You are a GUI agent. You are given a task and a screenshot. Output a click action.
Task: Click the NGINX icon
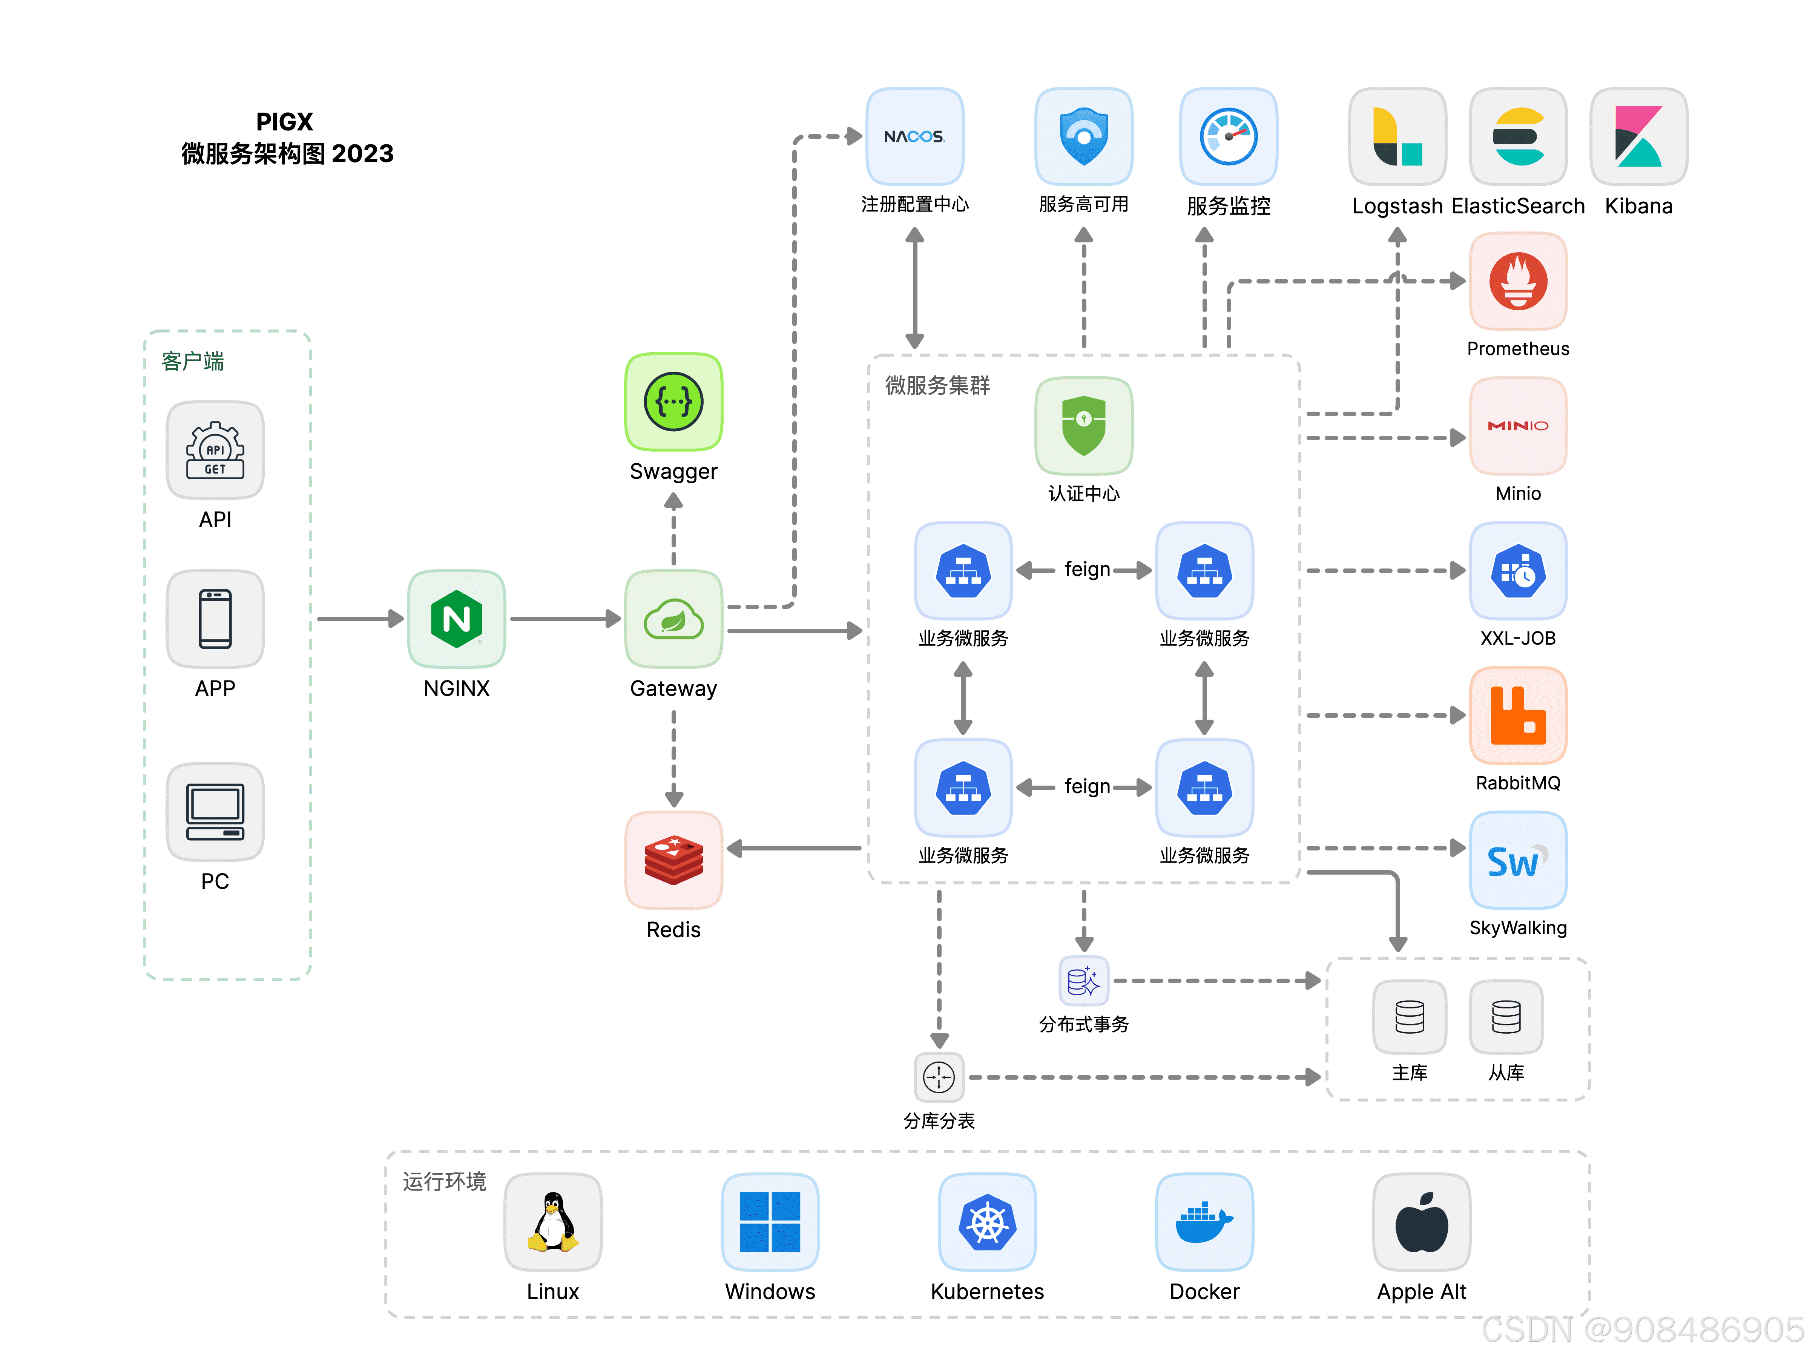[x=457, y=619]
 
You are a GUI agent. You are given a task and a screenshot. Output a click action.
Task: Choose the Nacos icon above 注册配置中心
[x=915, y=136]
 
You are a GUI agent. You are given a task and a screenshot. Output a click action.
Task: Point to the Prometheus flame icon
[x=1518, y=281]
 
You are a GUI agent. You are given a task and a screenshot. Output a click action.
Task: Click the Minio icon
[x=1518, y=426]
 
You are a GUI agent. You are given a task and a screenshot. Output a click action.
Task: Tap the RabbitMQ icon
[x=1518, y=716]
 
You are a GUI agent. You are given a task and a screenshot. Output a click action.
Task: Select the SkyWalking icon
[x=1518, y=860]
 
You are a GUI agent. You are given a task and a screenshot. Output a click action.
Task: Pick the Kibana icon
[x=1639, y=136]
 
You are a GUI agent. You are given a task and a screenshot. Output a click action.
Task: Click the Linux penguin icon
[x=553, y=1222]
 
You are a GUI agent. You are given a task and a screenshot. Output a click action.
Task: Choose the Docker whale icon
[x=1204, y=1222]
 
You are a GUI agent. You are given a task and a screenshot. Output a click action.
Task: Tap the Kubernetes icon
[x=988, y=1222]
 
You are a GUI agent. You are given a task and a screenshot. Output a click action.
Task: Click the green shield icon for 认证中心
[x=1084, y=426]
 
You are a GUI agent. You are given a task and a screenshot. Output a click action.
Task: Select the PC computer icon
[x=215, y=812]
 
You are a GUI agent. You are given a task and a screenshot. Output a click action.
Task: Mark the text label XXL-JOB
[x=1518, y=638]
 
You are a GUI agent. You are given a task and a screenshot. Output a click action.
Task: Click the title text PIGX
[x=284, y=122]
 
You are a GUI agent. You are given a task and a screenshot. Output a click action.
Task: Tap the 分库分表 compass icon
[x=939, y=1077]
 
